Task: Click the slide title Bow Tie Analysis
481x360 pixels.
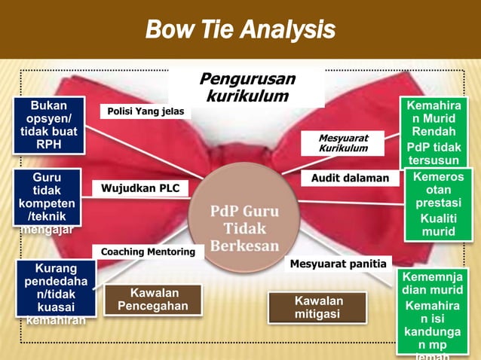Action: [x=240, y=29]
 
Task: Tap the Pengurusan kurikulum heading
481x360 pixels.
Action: [x=247, y=87]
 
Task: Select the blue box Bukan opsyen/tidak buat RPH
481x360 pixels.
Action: [x=49, y=125]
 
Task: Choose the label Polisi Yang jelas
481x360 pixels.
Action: [x=146, y=111]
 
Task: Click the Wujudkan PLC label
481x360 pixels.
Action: [x=141, y=188]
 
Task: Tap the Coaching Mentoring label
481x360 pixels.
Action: [x=148, y=252]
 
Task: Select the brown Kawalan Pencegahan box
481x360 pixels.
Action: [x=153, y=299]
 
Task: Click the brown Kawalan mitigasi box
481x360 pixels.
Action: [x=317, y=307]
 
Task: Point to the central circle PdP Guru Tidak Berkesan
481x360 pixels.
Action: [x=244, y=218]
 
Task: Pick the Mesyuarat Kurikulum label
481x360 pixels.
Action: [x=343, y=143]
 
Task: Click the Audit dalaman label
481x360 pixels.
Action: [x=350, y=178]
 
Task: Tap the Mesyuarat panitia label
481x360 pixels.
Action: [x=339, y=264]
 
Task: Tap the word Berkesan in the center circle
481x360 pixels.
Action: [x=244, y=246]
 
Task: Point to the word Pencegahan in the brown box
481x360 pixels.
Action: [x=153, y=307]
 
